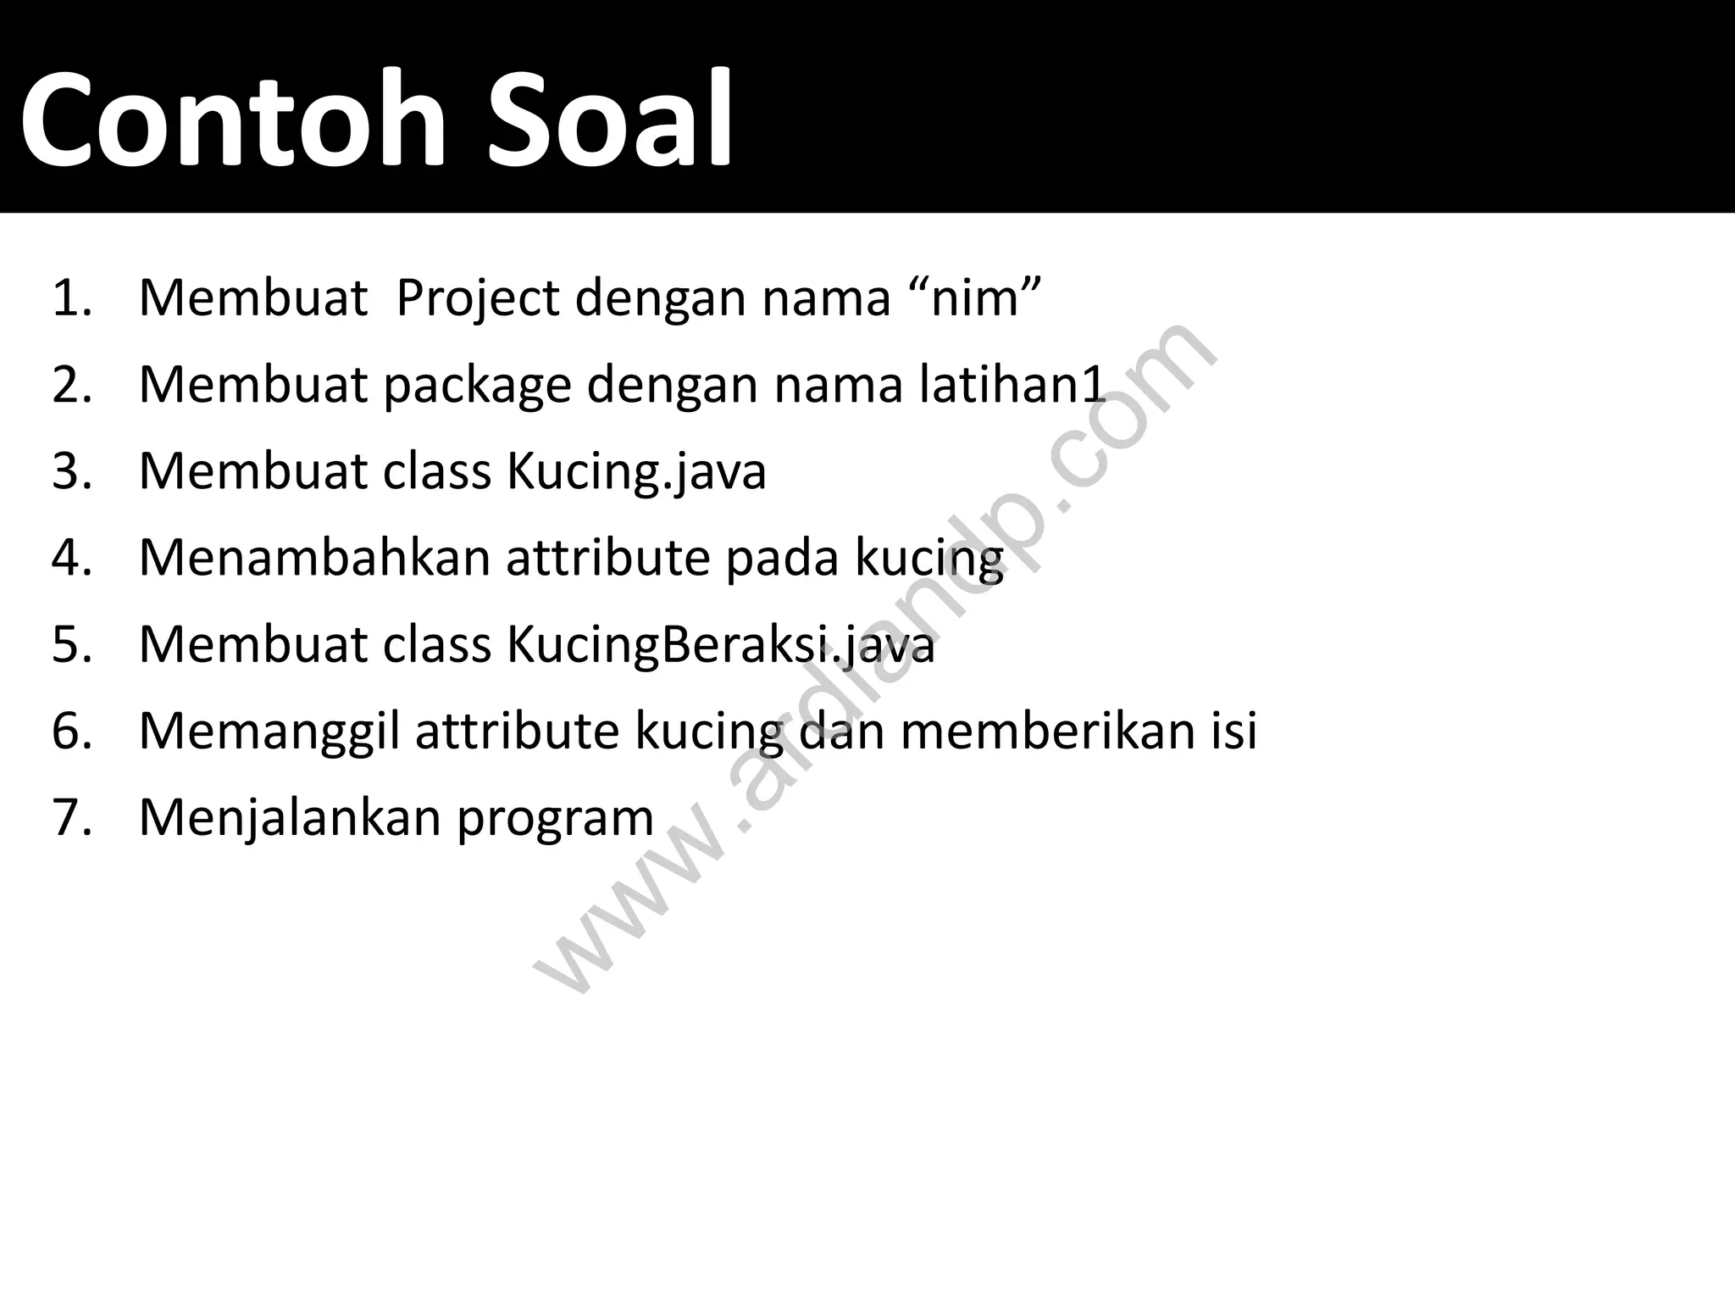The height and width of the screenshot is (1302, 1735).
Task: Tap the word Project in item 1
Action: (478, 299)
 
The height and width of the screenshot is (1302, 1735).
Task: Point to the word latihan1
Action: (1013, 385)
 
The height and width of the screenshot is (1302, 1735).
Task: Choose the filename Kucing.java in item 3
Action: (636, 472)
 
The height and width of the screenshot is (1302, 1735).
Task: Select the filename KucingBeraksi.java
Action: (721, 645)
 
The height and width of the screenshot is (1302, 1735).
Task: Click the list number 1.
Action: (70, 299)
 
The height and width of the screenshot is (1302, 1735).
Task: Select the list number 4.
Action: (70, 559)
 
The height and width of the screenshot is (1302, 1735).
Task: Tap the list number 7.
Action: (70, 819)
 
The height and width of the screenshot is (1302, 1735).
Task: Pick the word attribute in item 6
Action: (517, 732)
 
